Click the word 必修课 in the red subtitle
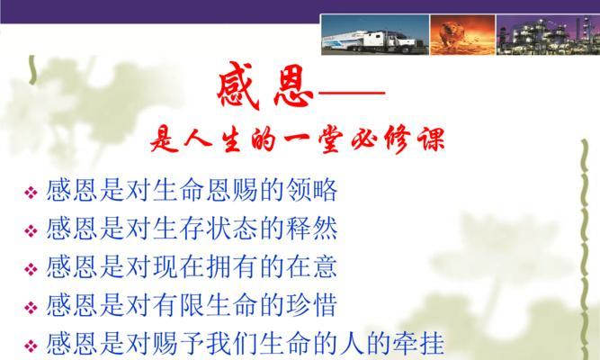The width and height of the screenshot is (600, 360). point(399,139)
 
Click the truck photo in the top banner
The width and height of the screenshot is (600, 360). point(375,35)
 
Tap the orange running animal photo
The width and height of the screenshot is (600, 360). point(462,35)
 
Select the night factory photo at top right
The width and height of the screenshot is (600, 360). point(548,35)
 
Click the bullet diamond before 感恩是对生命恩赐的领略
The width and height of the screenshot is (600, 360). point(31,192)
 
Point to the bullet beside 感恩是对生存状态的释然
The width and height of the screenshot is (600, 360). point(31,230)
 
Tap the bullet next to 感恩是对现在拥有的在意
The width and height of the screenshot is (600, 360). point(31,269)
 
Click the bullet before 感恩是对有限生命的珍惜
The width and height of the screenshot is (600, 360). point(31,307)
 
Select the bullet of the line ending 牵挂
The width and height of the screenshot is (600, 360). point(31,346)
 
